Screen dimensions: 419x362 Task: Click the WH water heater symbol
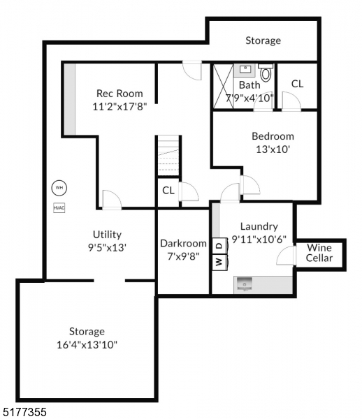(59, 188)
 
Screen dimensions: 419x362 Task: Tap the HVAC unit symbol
(59, 207)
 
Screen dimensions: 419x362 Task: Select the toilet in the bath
(266, 72)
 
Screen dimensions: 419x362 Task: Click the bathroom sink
(245, 69)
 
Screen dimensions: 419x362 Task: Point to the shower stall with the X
(223, 87)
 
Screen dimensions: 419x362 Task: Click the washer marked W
(218, 263)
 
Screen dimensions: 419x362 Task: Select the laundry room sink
(244, 283)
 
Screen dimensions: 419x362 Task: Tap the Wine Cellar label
(319, 253)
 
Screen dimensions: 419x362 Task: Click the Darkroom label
(183, 243)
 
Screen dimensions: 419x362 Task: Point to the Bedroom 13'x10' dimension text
(273, 149)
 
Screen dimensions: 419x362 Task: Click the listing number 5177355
(24, 413)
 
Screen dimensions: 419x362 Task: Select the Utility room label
(107, 235)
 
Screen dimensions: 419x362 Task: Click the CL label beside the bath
(297, 84)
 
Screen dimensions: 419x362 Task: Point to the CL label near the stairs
(168, 190)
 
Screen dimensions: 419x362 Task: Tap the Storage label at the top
(263, 41)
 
